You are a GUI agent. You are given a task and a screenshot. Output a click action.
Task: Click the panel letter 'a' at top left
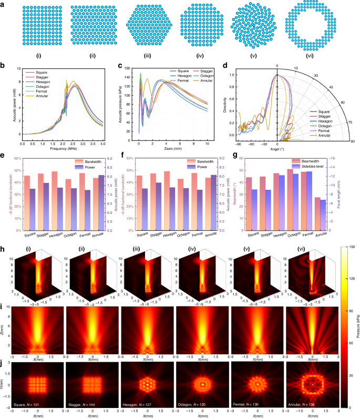coord(4,4)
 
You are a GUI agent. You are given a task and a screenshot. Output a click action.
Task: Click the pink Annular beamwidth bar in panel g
coord(332,214)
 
